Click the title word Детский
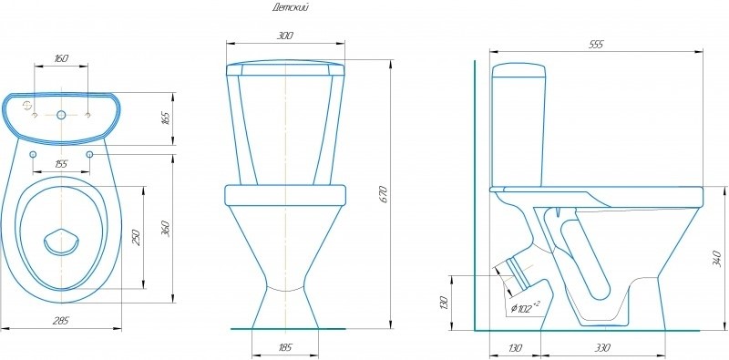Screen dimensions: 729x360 (x=291, y=7)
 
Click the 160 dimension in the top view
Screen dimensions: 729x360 (x=61, y=58)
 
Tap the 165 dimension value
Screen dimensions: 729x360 (x=166, y=118)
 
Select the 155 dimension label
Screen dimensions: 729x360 (x=61, y=164)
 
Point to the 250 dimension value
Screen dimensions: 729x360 (x=137, y=237)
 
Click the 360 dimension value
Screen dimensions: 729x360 (x=166, y=228)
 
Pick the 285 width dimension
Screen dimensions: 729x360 (x=61, y=321)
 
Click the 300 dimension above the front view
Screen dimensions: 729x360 (x=285, y=36)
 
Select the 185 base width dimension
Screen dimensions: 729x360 (x=285, y=347)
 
